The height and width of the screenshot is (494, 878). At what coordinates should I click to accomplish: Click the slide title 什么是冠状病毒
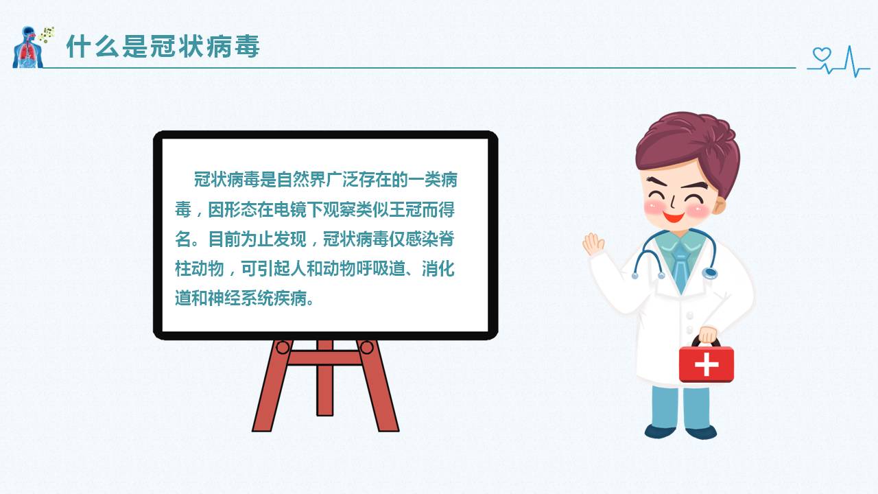[x=163, y=47]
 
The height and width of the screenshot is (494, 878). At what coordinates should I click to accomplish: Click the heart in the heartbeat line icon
[x=821, y=55]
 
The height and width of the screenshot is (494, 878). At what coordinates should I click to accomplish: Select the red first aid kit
[x=706, y=363]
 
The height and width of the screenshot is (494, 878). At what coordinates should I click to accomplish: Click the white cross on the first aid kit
[x=706, y=364]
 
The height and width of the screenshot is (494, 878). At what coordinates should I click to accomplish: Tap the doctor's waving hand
[x=593, y=244]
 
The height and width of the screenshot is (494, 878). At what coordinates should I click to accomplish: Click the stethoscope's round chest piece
[x=709, y=273]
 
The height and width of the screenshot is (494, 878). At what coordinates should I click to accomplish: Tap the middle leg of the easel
[x=324, y=381]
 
